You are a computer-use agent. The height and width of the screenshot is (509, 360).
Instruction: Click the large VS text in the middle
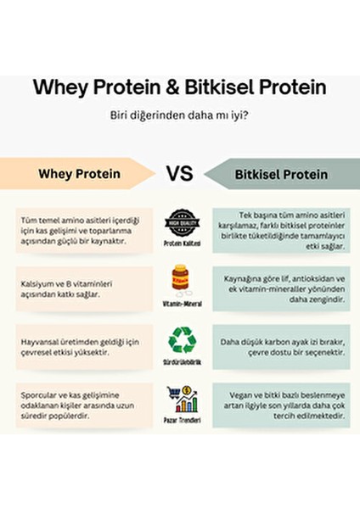click(x=179, y=174)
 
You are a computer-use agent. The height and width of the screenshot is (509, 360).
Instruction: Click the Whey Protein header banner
click(x=81, y=174)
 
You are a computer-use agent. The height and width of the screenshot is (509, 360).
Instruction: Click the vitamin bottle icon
click(x=180, y=279)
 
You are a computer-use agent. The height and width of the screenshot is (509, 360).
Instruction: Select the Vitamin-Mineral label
click(x=180, y=302)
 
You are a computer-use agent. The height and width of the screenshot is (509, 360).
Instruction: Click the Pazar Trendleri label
click(x=180, y=420)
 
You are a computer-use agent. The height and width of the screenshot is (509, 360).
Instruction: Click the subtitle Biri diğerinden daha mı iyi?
click(x=179, y=115)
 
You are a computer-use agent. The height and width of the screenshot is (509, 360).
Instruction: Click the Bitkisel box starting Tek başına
click(x=280, y=231)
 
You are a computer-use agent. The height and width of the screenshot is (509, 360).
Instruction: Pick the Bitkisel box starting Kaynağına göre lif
click(x=280, y=289)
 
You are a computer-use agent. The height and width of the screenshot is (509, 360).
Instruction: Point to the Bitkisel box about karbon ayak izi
click(x=280, y=346)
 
